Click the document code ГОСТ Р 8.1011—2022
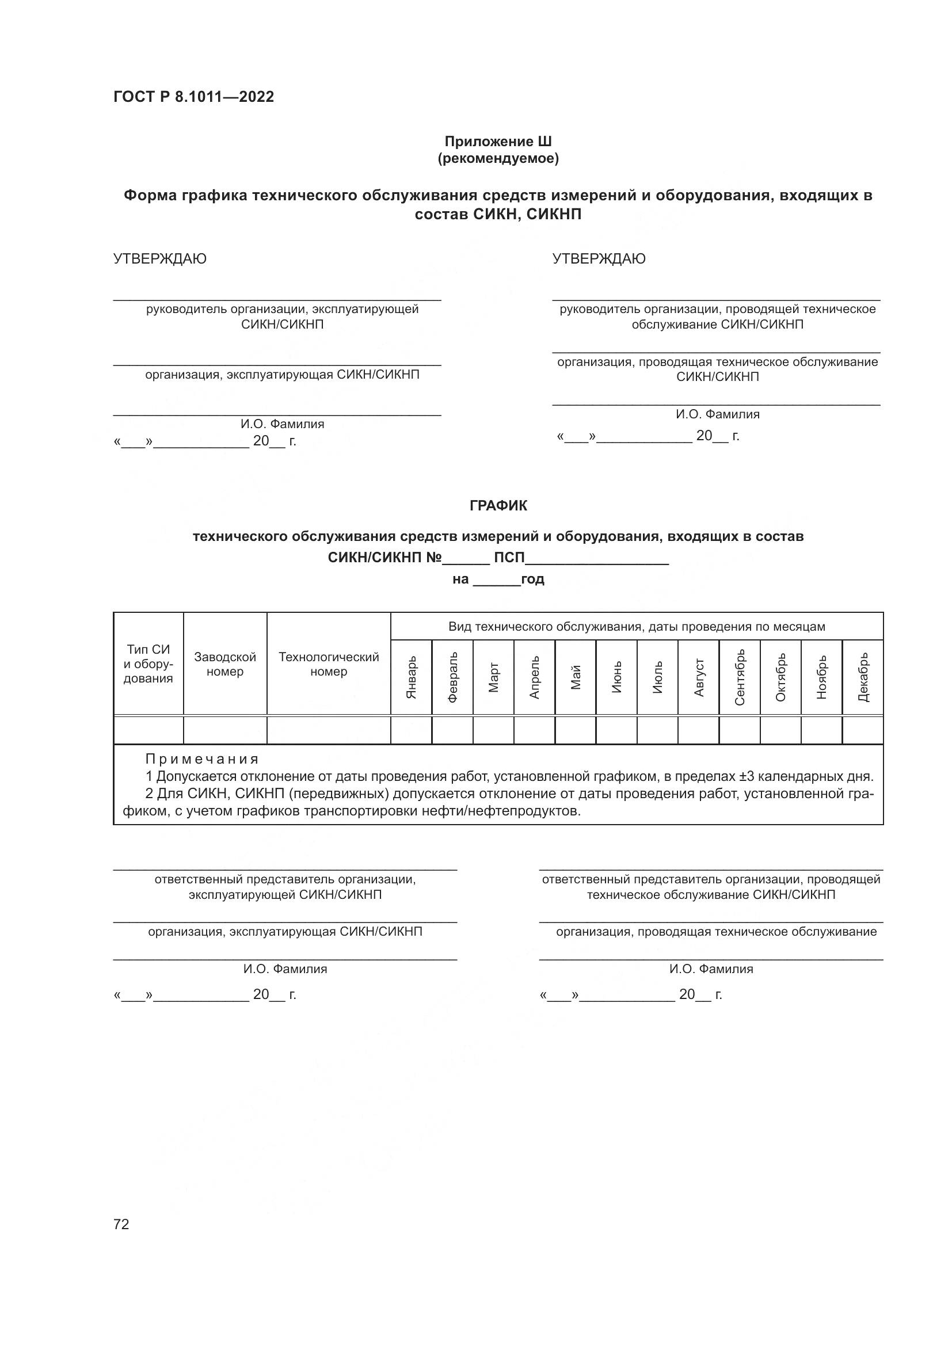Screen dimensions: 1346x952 (193, 97)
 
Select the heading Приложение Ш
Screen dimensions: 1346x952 (498, 142)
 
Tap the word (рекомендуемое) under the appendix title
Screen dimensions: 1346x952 (498, 158)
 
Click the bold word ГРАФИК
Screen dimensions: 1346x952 (498, 505)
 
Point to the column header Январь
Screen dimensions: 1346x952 (412, 677)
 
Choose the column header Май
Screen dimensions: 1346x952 (576, 677)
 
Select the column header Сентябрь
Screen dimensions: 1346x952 (740, 677)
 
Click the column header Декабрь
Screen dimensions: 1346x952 (863, 677)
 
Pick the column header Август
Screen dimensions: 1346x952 (699, 677)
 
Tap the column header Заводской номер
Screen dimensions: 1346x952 (225, 664)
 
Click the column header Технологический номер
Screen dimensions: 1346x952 (329, 664)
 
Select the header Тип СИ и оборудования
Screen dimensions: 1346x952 (148, 664)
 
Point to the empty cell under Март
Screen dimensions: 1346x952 (494, 730)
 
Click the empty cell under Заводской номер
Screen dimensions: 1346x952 (225, 730)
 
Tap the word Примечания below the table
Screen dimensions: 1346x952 (201, 759)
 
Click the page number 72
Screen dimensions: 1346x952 (121, 1224)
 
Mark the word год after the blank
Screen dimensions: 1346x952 (533, 579)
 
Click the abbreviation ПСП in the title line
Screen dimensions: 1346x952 (509, 558)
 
